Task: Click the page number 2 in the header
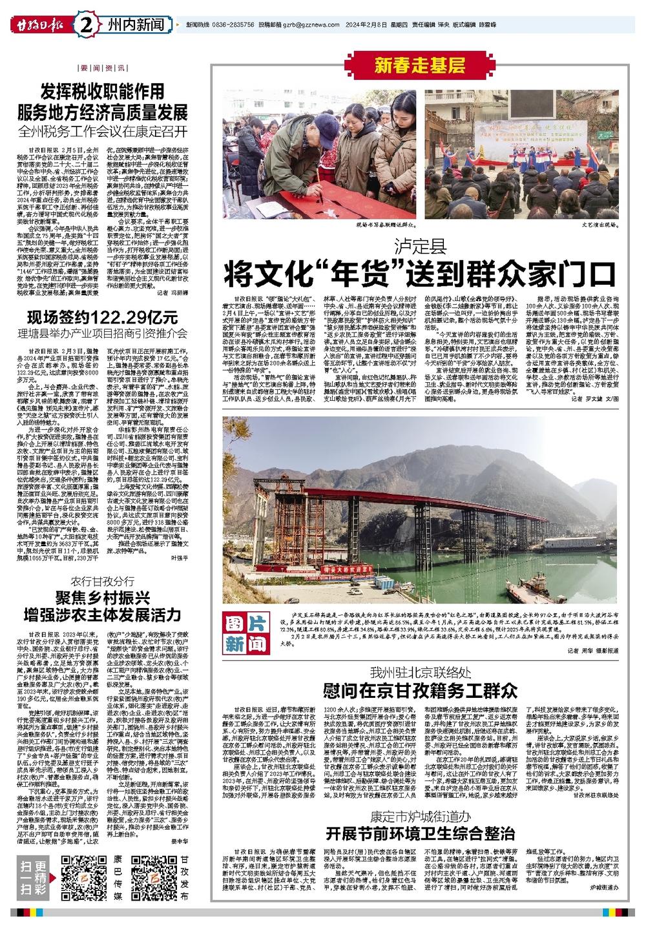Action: tap(87, 25)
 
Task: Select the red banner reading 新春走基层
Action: tap(419, 65)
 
